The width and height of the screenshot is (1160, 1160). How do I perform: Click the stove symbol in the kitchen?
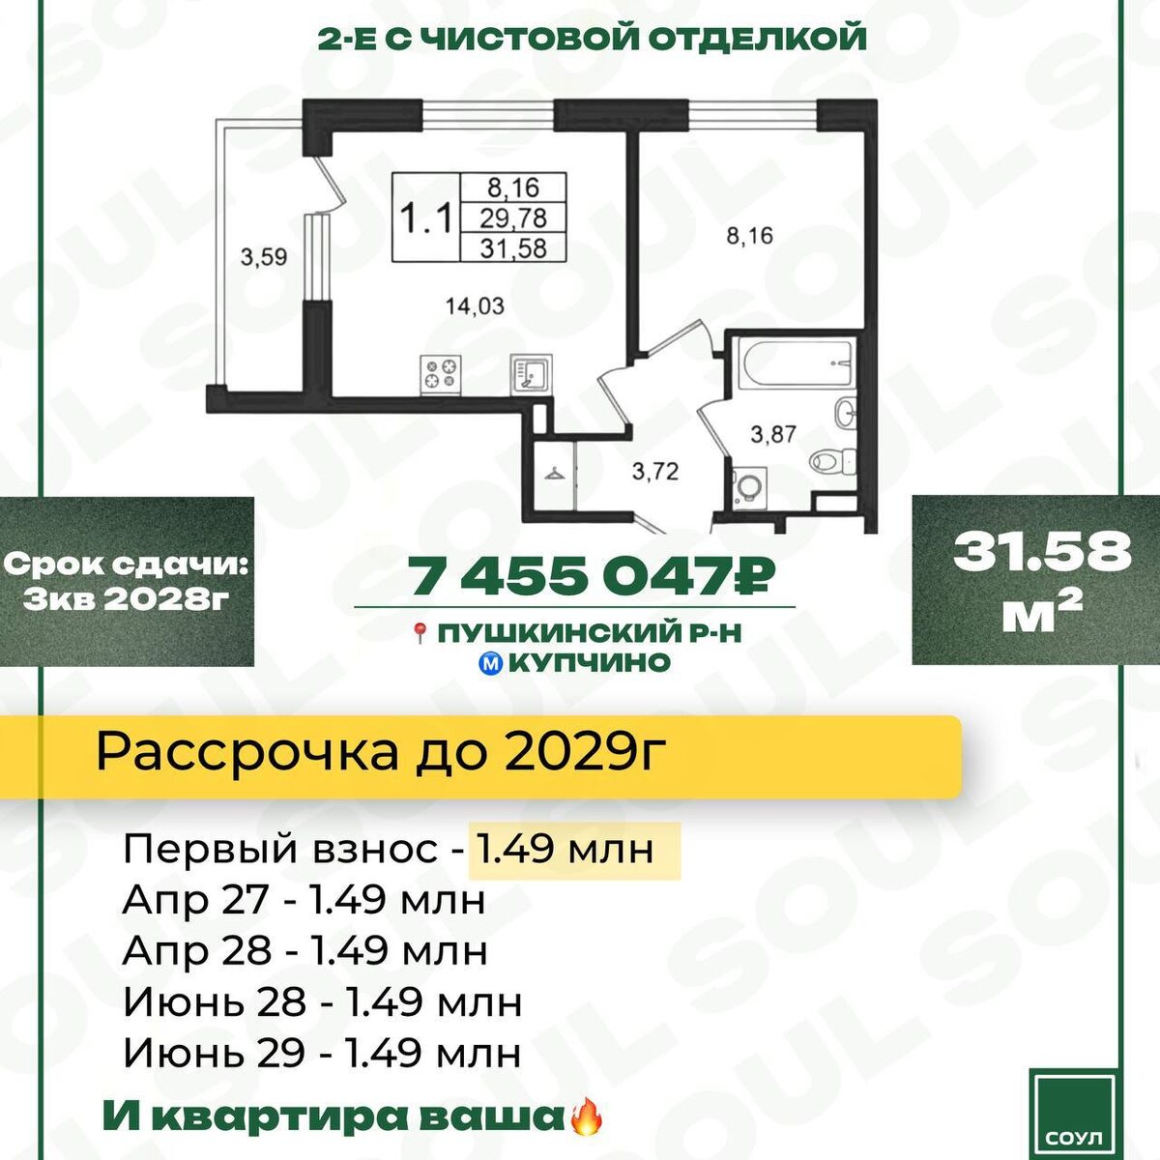441,375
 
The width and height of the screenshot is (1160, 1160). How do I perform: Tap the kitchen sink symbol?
531,374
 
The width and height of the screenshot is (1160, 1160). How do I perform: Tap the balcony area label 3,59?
264,258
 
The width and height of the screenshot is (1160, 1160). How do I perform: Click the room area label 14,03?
475,306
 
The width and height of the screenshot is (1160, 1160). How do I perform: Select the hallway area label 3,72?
655,471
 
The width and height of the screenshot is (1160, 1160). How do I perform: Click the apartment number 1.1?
426,217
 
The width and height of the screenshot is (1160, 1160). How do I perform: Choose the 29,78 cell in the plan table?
513,217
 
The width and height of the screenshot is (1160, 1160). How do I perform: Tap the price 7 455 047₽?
592,575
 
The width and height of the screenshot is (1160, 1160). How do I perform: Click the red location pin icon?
420,632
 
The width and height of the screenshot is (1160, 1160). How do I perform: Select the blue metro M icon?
493,663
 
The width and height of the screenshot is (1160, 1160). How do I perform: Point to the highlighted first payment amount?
565,850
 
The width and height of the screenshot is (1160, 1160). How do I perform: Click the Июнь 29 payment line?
322,1053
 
